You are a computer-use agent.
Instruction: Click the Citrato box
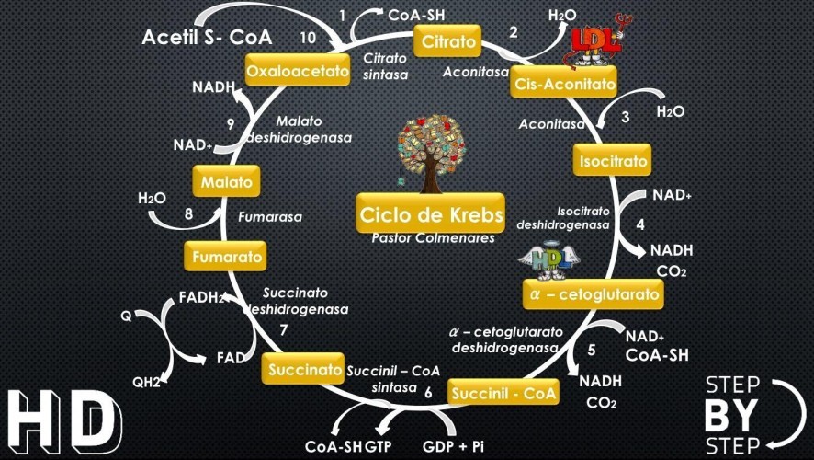click(449, 41)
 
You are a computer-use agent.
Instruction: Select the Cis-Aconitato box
click(564, 84)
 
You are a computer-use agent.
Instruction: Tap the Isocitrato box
click(612, 162)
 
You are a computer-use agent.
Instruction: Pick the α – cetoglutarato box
click(593, 294)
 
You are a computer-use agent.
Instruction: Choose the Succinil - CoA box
click(503, 394)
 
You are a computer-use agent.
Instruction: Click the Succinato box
click(305, 370)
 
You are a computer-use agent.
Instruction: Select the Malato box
click(226, 181)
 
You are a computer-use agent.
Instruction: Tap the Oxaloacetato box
click(298, 70)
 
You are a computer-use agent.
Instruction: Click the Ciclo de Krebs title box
click(431, 215)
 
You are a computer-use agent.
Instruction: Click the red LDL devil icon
click(596, 44)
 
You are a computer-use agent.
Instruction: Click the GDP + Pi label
click(455, 445)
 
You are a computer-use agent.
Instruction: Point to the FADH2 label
click(202, 298)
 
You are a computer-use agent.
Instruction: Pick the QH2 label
click(147, 382)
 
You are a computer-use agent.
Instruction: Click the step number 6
click(428, 393)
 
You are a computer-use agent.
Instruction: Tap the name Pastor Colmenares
click(433, 238)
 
